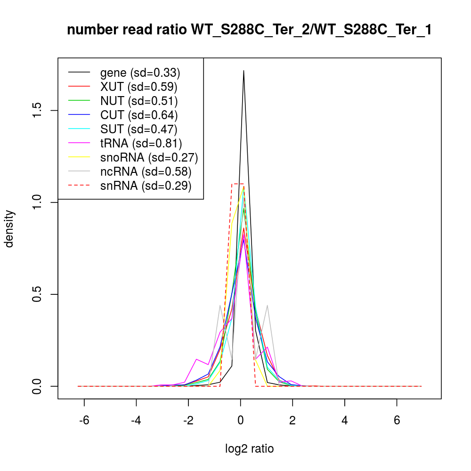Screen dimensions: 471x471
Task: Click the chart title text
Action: click(x=249, y=30)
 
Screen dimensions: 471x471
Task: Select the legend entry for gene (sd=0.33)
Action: click(x=140, y=73)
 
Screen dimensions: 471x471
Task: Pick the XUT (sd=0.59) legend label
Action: click(x=138, y=87)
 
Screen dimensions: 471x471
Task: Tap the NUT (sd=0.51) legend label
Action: click(x=138, y=101)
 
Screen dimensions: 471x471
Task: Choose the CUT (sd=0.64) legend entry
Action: click(x=138, y=115)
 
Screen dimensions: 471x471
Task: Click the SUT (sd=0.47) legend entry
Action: click(x=138, y=129)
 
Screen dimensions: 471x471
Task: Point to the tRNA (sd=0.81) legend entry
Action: click(x=141, y=143)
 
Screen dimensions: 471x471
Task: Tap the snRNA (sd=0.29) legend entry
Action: click(x=146, y=186)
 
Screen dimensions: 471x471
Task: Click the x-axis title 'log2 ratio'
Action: click(x=250, y=449)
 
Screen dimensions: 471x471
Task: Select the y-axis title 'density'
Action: click(x=10, y=228)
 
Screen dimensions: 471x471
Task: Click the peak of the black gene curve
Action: click(x=244, y=71)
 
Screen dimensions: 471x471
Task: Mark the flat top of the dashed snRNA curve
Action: click(x=237, y=184)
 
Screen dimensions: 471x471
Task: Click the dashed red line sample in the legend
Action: click(x=79, y=186)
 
